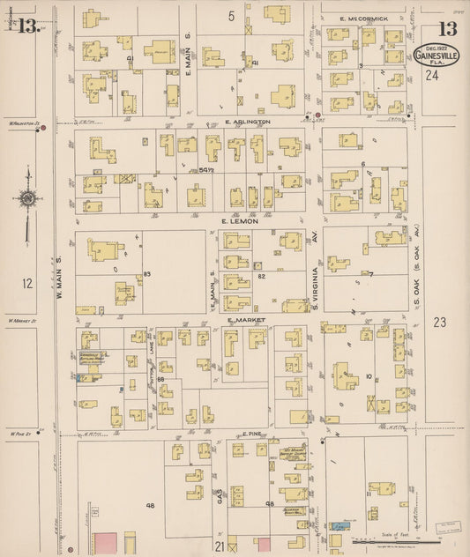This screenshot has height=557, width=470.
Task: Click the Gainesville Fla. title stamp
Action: pos(435,56)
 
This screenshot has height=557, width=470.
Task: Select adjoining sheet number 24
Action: pos(432,76)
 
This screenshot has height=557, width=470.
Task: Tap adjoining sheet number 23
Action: pos(440,323)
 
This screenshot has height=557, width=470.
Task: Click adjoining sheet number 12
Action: pos(27,283)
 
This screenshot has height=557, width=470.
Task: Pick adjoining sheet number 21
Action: pos(219,547)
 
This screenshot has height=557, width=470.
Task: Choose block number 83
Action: pos(147,275)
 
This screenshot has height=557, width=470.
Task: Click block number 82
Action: pos(261,277)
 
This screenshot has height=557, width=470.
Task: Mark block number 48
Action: pos(151,505)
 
